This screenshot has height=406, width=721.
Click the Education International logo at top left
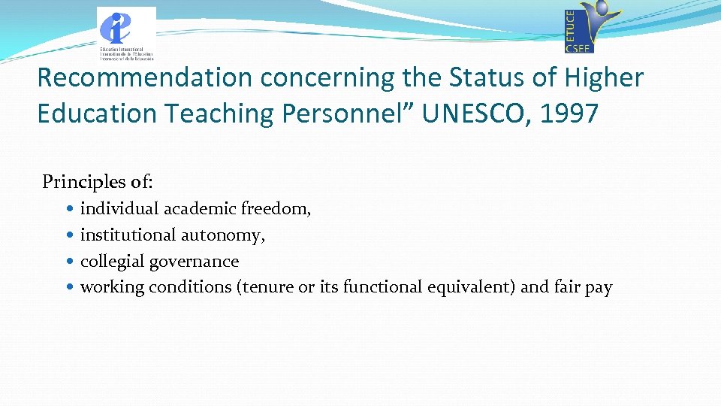coord(126,33)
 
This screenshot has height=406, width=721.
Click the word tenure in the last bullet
coord(266,287)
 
